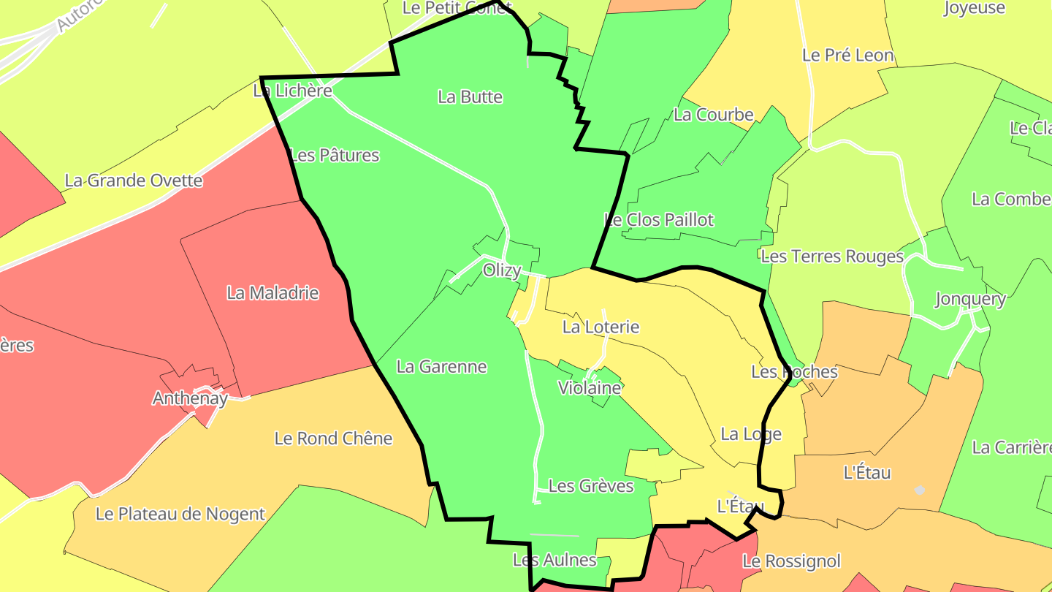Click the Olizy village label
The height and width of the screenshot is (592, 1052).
click(x=502, y=270)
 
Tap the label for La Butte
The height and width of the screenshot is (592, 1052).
click(x=470, y=96)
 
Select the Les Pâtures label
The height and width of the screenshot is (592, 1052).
click(x=335, y=155)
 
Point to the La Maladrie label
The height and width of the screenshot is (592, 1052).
click(x=272, y=293)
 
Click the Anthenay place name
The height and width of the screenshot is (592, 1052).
click(x=190, y=398)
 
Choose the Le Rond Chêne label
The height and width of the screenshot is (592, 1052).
click(x=333, y=439)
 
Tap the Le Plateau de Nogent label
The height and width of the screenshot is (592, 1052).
click(x=180, y=514)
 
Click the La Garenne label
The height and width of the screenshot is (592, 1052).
click(x=441, y=366)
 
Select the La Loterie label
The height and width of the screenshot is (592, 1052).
click(x=601, y=327)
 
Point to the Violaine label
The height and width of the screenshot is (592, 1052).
click(x=590, y=387)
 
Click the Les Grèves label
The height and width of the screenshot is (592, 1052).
click(x=591, y=486)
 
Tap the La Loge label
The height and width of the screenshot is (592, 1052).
click(x=751, y=434)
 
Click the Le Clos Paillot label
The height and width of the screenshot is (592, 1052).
click(x=659, y=219)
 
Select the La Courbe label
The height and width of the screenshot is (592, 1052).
click(x=713, y=114)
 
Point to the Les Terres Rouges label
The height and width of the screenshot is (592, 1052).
click(x=832, y=257)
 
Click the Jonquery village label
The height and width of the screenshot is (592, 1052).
click(x=970, y=299)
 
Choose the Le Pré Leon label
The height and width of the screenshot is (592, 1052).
click(x=847, y=55)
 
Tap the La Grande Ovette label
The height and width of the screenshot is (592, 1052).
click(x=134, y=181)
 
